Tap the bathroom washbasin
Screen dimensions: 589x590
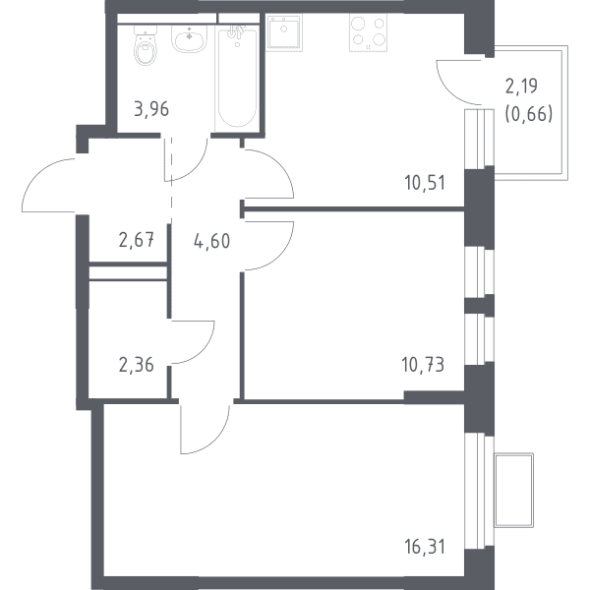click(189, 38)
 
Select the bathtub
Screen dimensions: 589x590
click(237, 79)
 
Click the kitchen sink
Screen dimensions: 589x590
click(284, 32)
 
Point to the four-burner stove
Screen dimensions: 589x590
click(368, 32)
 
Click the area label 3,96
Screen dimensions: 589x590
click(151, 109)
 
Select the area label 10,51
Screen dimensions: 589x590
click(425, 183)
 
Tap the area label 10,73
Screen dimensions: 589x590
click(424, 365)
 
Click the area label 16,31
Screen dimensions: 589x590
click(425, 547)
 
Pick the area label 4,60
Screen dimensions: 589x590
click(211, 241)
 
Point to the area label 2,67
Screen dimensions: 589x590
click(137, 240)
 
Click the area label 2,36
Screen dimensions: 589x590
click(137, 365)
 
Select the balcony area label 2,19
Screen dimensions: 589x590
click(521, 87)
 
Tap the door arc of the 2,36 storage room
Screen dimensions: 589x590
click(203, 351)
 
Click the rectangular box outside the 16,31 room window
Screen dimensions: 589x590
click(513, 491)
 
